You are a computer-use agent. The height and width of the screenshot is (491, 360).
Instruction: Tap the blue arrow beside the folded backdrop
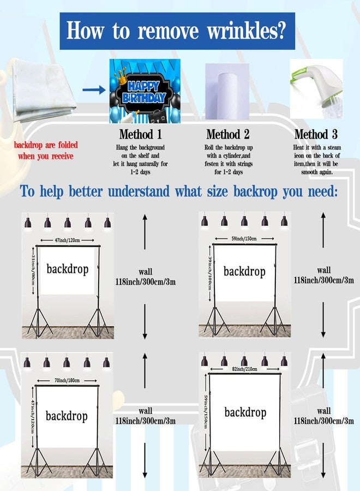[94, 90]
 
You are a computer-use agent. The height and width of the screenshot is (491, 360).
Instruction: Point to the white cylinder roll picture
[227, 91]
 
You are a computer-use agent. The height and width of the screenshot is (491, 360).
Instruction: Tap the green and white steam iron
[317, 88]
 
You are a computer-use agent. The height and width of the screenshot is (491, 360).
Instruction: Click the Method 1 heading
[141, 134]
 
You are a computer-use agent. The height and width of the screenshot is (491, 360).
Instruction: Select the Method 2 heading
[228, 134]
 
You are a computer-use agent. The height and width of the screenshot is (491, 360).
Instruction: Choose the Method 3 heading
[316, 134]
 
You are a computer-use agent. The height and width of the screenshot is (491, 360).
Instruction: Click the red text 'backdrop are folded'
[46, 145]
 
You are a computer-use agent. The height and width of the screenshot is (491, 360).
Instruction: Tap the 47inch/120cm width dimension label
[67, 240]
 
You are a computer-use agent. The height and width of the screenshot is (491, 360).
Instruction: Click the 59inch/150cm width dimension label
[244, 238]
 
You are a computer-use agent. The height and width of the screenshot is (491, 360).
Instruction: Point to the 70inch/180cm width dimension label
[67, 380]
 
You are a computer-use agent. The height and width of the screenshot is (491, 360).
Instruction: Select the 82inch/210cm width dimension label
[244, 369]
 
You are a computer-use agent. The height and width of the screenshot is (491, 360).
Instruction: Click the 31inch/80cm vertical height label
[33, 270]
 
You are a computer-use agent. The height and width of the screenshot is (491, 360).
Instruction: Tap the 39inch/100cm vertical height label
[210, 273]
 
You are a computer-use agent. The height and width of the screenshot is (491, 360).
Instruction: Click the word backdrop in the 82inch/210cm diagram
[245, 412]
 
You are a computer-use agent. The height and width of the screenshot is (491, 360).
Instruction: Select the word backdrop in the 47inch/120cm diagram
[68, 269]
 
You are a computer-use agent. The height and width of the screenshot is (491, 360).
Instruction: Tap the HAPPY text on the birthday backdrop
[143, 86]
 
